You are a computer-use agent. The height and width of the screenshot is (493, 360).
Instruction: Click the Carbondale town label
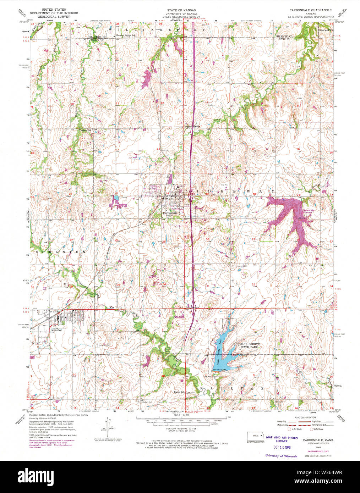[x=170, y=213]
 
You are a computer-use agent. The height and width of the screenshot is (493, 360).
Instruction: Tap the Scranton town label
[x=56, y=330]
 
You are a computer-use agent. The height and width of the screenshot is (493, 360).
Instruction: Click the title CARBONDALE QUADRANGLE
[x=310, y=10]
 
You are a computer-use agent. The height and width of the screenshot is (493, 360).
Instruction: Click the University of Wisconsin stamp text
[x=281, y=456]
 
